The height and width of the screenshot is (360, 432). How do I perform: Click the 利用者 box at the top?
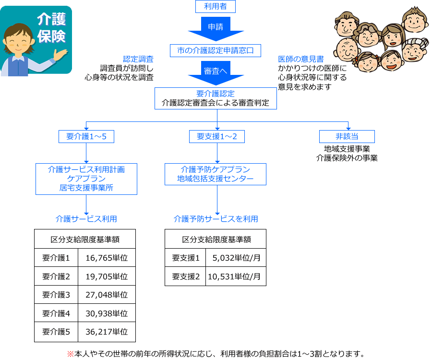pos(216,6)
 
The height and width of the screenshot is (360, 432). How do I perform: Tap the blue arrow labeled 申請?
pos(216,28)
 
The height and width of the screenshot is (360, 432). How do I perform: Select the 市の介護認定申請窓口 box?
pos(216,50)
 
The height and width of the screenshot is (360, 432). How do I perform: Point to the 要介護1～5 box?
pos(86,137)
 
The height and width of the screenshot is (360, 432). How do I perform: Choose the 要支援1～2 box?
pos(217,137)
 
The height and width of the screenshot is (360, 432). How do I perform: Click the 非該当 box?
pos(347,137)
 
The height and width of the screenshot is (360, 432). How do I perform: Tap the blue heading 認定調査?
pos(138,59)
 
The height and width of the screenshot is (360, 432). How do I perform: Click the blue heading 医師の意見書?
pos(300,59)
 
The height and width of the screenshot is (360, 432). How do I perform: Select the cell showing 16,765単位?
pos(107,258)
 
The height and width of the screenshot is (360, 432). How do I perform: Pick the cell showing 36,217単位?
pos(107,331)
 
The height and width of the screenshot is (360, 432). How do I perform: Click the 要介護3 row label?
pos(56,295)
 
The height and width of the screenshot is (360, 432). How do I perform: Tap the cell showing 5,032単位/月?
pos(236,258)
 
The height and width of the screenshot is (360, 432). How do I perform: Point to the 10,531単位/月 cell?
pos(234,276)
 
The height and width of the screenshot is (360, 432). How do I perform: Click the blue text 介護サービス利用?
pos(86,219)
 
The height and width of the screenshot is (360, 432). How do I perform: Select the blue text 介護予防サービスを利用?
pos(216,219)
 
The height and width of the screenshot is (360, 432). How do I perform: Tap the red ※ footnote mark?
pos(70,354)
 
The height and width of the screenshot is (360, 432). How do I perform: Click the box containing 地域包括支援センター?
pos(216,175)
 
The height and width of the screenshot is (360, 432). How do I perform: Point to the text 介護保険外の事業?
pos(347,157)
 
